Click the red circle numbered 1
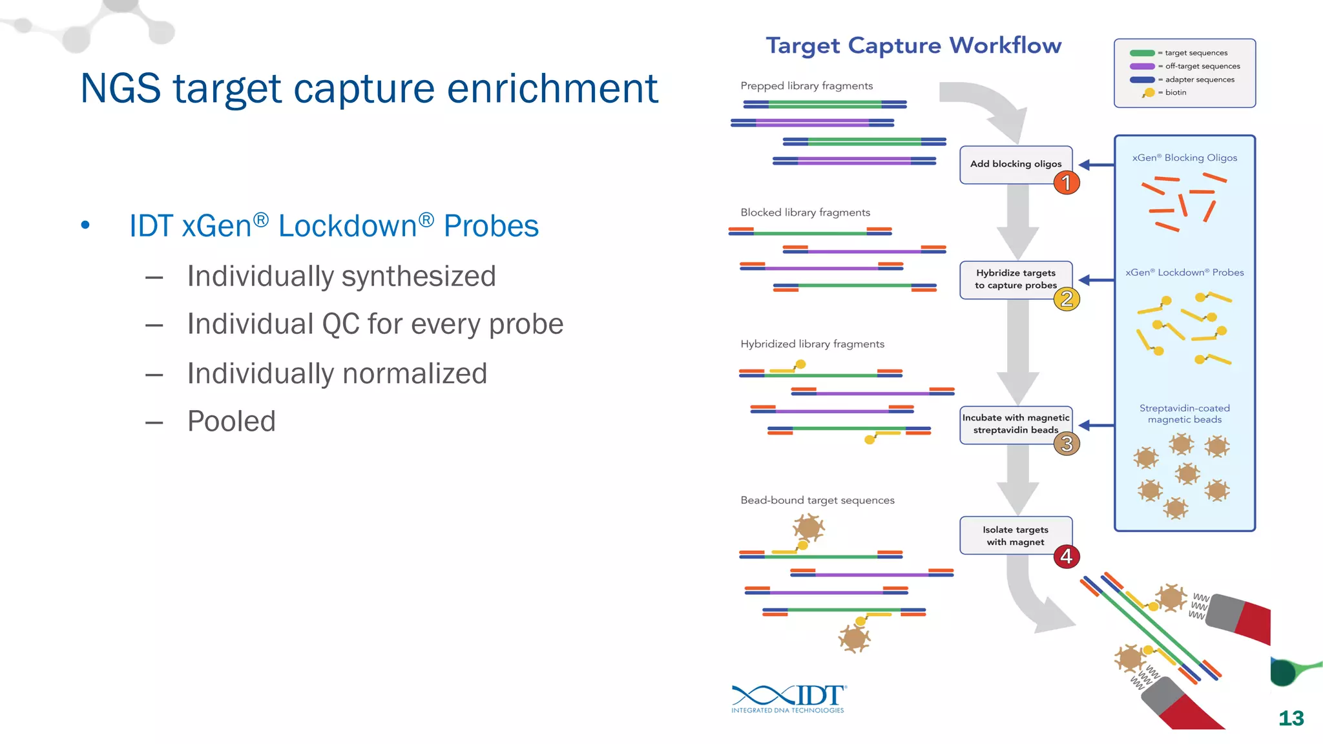pos(1067,183)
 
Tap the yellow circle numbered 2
pos(1067,299)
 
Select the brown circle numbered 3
pos(1067,444)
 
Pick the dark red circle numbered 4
pos(1067,556)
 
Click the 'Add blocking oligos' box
pos(1015,164)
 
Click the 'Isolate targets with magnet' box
pos(1015,535)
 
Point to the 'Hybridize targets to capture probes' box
pos(1015,279)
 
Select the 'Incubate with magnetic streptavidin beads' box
pos(1015,424)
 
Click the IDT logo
pos(789,698)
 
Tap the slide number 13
pos(1291,718)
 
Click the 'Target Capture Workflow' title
pos(913,46)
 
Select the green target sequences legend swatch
pos(1141,53)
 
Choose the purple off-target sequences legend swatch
pos(1141,66)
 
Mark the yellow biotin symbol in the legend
pos(1149,93)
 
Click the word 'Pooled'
pos(231,421)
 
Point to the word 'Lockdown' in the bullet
pos(348,226)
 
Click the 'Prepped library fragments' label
pos(806,86)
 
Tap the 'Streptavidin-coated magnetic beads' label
pos(1184,413)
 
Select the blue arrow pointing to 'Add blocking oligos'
pos(1096,165)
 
